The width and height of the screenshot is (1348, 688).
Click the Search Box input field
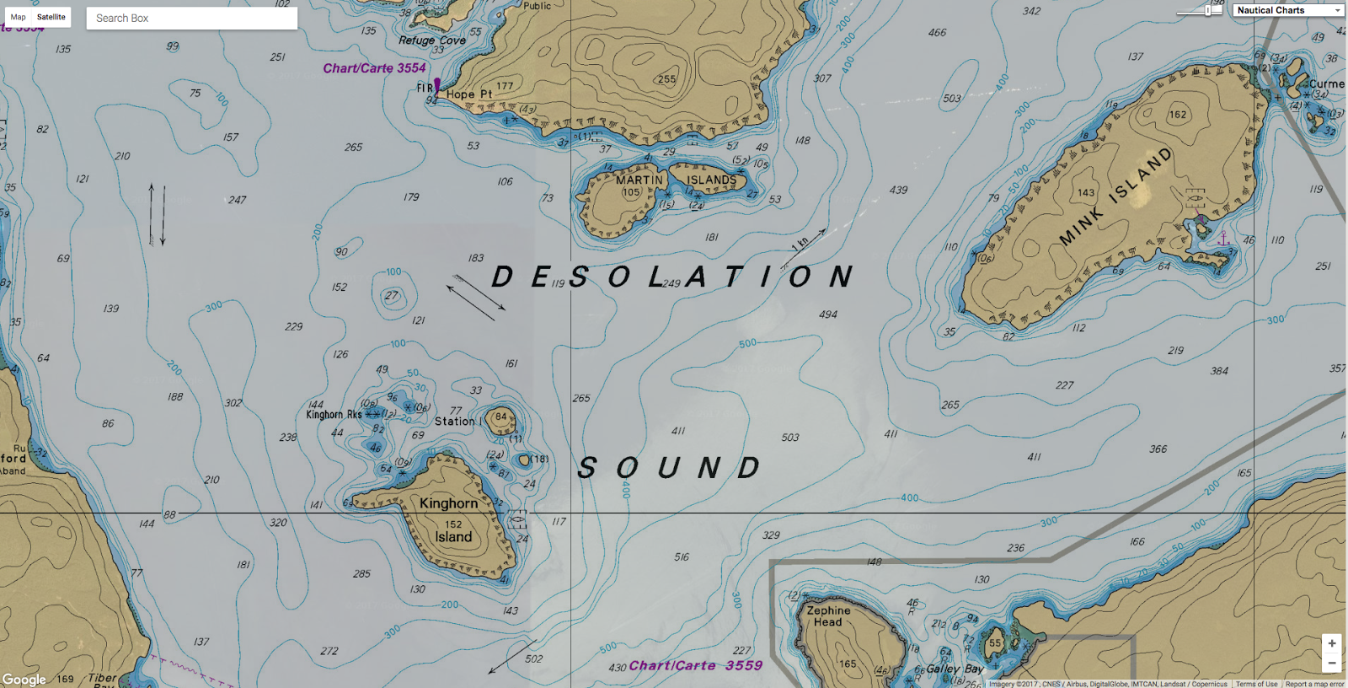point(192,18)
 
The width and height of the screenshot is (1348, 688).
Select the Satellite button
point(51,17)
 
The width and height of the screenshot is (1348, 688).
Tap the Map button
point(18,17)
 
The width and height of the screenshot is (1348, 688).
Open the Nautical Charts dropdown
point(1288,10)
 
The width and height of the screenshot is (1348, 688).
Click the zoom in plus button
point(1331,643)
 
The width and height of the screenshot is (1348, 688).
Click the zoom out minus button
point(1331,664)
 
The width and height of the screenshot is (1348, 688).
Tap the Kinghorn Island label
point(450,519)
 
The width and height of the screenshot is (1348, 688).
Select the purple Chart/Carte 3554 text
point(374,68)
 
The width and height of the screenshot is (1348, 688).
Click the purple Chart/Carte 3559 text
point(695,665)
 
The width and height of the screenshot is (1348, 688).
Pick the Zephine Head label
point(828,615)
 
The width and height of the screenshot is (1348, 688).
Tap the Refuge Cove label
point(431,40)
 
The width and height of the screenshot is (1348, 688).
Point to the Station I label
point(458,421)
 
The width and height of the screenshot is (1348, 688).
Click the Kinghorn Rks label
point(334,414)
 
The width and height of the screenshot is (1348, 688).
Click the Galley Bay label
point(955,669)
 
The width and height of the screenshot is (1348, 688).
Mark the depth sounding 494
point(828,314)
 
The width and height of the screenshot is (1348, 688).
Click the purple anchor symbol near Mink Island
point(1223,239)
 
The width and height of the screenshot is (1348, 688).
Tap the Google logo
point(24,679)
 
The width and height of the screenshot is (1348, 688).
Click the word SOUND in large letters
point(670,468)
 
